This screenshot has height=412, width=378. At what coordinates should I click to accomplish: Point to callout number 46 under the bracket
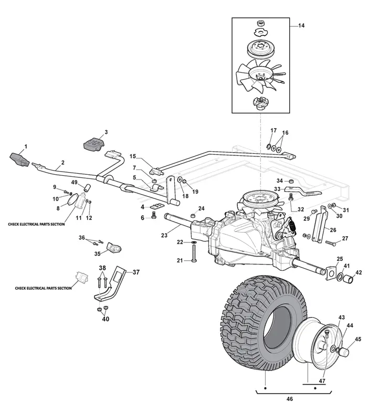click(289, 399)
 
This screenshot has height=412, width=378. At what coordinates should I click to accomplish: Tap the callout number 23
click(164, 236)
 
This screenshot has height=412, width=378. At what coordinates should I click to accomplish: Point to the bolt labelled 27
click(330, 243)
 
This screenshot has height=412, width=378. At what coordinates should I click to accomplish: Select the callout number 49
click(75, 182)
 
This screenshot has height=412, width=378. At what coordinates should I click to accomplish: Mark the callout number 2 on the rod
click(63, 162)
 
